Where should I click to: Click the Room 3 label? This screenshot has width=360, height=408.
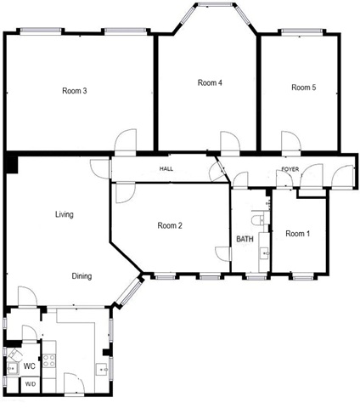pyautogui.click(x=75, y=91)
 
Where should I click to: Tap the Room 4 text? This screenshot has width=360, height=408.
pyautogui.click(x=210, y=82)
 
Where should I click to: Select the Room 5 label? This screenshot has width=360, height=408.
pyautogui.click(x=304, y=88)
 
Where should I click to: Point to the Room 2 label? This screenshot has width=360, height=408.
pyautogui.click(x=170, y=225)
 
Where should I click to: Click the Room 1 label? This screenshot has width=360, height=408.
pyautogui.click(x=298, y=234)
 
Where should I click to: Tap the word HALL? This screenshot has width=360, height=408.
pyautogui.click(x=166, y=169)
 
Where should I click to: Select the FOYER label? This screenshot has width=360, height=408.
pyautogui.click(x=290, y=169)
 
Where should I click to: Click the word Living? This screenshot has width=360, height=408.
pyautogui.click(x=65, y=214)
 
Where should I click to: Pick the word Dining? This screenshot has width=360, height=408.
pyautogui.click(x=82, y=276)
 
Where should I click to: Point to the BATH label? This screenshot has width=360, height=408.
pyautogui.click(x=245, y=239)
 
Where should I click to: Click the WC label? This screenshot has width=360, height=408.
pyautogui.click(x=30, y=366)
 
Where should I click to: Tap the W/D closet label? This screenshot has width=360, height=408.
pyautogui.click(x=31, y=384)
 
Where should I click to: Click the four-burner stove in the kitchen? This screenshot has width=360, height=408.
pyautogui.click(x=48, y=361)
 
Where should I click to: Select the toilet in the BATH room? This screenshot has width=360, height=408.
pyautogui.click(x=258, y=219)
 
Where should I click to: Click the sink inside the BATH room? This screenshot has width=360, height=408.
pyautogui.click(x=264, y=253)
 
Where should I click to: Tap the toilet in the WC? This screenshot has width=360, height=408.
pyautogui.click(x=13, y=355)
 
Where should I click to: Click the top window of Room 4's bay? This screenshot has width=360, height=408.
pyautogui.click(x=217, y=4)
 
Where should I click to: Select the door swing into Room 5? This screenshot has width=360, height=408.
pyautogui.click(x=291, y=141)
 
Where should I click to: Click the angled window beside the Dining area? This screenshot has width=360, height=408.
pyautogui.click(x=129, y=292)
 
